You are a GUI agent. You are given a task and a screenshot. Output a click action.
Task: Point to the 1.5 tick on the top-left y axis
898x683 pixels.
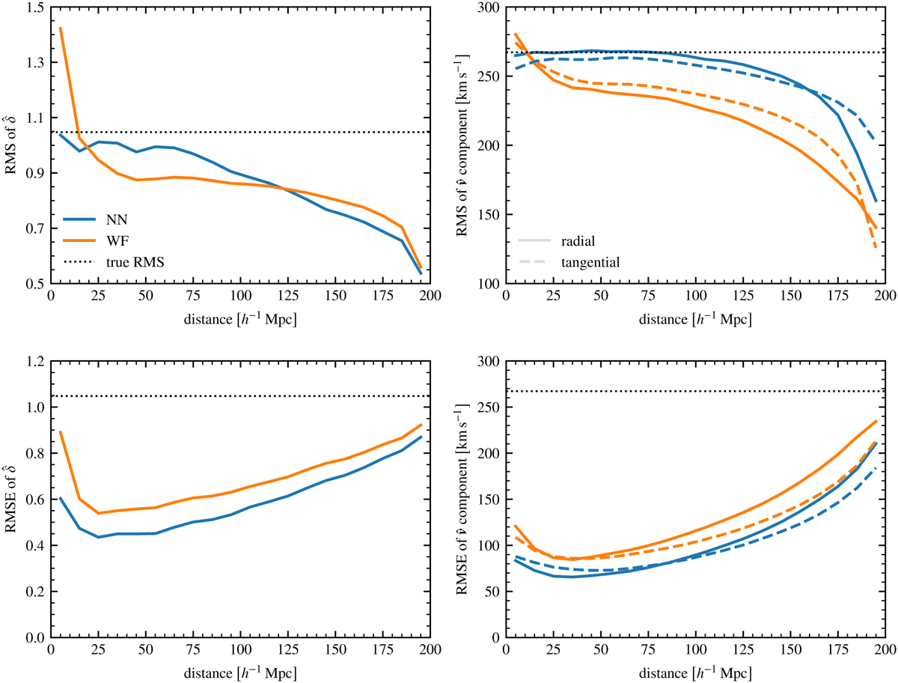(x=34, y=7)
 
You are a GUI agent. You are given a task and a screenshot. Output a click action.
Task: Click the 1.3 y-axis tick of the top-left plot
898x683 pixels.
(x=34, y=62)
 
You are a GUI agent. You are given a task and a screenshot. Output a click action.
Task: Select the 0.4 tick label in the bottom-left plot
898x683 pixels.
(x=34, y=546)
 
